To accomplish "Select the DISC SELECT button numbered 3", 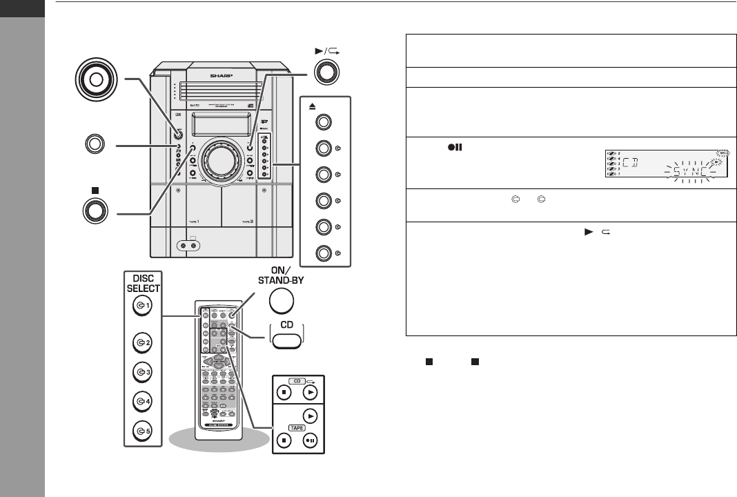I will (142, 372).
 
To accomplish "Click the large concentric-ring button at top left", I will (96, 80).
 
